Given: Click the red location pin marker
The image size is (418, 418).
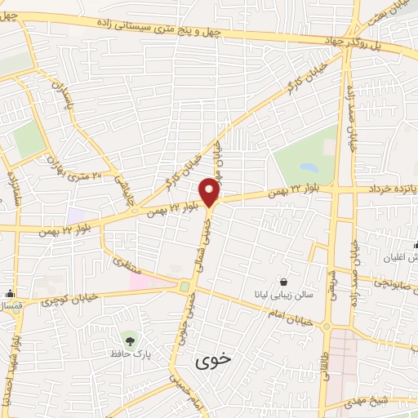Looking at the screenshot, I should tap(211, 190).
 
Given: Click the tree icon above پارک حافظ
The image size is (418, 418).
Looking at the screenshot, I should tap(128, 338).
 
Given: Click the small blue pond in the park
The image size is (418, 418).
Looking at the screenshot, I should tap(185, 286).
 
